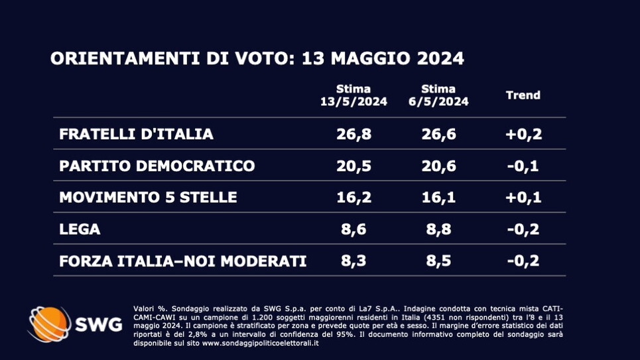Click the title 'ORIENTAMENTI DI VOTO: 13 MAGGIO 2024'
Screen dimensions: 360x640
coord(257,58)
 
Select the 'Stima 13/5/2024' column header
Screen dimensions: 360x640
coord(353,95)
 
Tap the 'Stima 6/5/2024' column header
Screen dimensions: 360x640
coord(438,95)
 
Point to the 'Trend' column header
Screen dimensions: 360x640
coord(523,95)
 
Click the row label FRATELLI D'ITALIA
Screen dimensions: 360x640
coord(136,134)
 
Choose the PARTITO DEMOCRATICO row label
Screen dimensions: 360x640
coord(157,166)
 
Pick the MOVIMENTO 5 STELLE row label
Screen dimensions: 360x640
coord(148,198)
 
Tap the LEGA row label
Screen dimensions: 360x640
coord(80,229)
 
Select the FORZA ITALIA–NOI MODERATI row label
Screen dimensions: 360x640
coord(182,261)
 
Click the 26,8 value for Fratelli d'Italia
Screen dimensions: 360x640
coord(353,134)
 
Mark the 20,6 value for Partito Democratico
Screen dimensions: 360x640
coord(438,166)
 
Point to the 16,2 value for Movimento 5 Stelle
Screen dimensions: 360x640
coord(353,198)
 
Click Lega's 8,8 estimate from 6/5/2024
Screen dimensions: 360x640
coord(438,229)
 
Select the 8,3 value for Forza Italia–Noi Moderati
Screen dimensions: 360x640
coord(353,261)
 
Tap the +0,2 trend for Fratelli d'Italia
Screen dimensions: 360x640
coord(523,134)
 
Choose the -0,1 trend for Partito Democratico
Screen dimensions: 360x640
coord(523,166)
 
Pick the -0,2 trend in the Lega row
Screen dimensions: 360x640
coord(523,229)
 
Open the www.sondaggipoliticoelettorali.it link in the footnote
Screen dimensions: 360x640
coord(261,343)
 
